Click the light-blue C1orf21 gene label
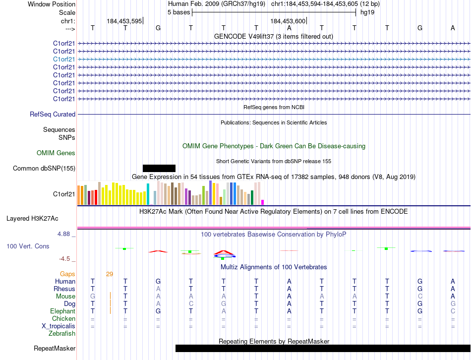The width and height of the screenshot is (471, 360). point(64,59)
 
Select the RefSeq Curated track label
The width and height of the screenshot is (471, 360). point(53,115)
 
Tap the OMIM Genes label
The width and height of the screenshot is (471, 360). point(56,153)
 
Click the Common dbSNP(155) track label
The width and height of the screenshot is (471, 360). point(44,169)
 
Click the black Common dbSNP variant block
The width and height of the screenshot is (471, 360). point(159,168)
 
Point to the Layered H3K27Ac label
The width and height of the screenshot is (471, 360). point(32,218)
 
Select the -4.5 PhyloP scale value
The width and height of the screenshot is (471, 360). point(65,259)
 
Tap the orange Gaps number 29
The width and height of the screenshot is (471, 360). point(110,274)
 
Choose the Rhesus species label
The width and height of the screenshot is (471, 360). point(65,289)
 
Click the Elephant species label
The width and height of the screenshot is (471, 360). point(63,311)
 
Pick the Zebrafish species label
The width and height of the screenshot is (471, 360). point(62,334)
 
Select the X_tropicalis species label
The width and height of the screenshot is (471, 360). point(59,326)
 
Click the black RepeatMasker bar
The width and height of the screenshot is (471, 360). point(322,349)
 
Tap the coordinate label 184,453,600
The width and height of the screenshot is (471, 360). point(288,21)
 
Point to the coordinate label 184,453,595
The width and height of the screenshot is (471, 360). point(124,21)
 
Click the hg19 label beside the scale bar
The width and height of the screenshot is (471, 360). point(367,12)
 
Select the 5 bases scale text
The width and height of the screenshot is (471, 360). point(178,12)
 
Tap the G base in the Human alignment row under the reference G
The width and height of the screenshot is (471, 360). point(158,282)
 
